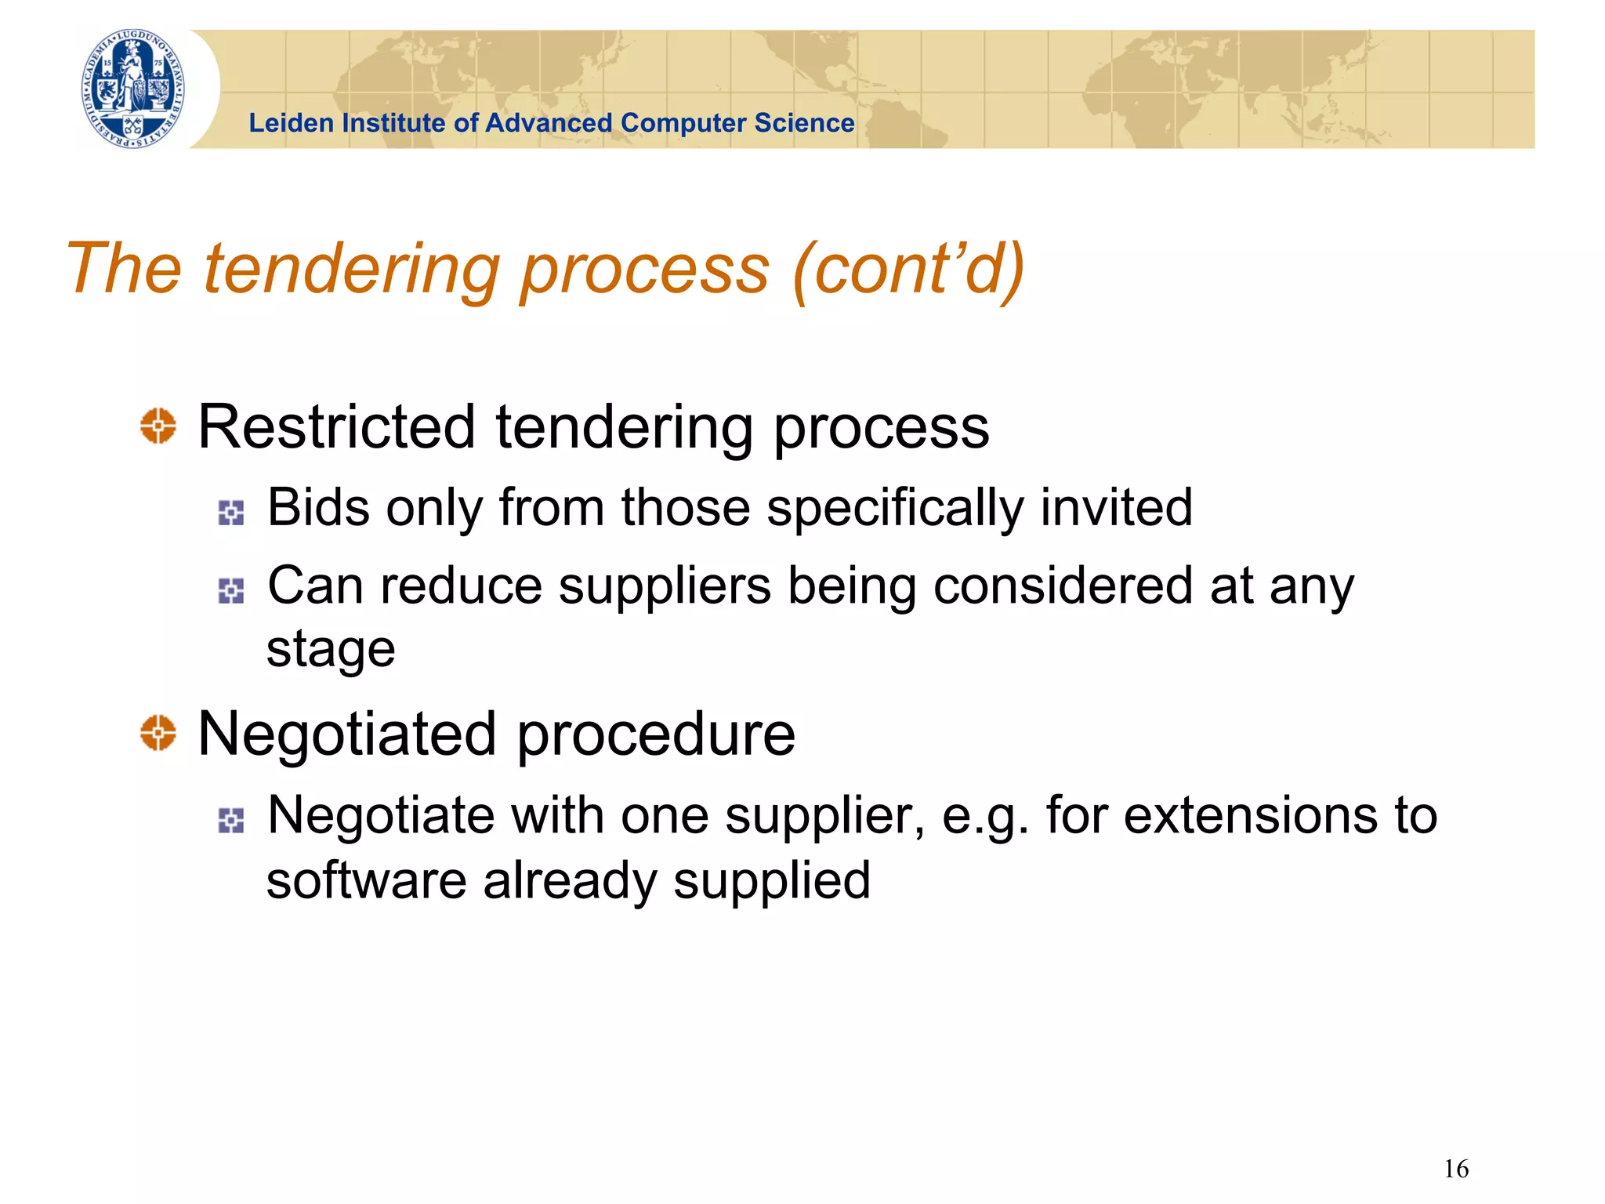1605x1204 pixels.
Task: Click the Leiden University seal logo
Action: [x=134, y=89]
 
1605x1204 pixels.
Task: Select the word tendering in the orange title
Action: [x=352, y=270]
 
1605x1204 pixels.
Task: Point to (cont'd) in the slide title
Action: [x=909, y=268]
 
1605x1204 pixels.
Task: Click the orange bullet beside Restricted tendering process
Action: [x=158, y=426]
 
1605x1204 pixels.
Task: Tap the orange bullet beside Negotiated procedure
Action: [x=158, y=733]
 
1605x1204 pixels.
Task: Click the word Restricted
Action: [x=336, y=427]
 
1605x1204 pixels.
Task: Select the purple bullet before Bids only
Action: [x=231, y=513]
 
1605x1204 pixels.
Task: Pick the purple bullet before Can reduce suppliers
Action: [x=231, y=590]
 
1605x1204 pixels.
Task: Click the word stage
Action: [x=331, y=651]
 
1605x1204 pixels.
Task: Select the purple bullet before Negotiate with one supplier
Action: [x=231, y=820]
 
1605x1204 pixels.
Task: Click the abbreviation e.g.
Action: [x=984, y=817]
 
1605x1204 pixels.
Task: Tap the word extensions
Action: [x=1250, y=815]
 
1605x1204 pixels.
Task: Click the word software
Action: [x=366, y=880]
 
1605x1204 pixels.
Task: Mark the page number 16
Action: [x=1456, y=1169]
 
